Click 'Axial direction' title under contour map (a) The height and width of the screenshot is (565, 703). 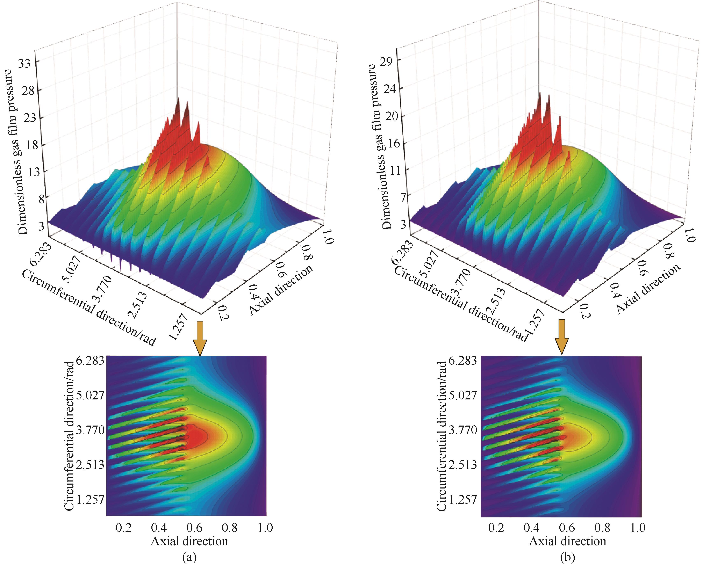189,541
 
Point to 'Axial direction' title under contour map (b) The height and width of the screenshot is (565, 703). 567,541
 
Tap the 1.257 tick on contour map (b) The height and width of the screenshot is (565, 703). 463,499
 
